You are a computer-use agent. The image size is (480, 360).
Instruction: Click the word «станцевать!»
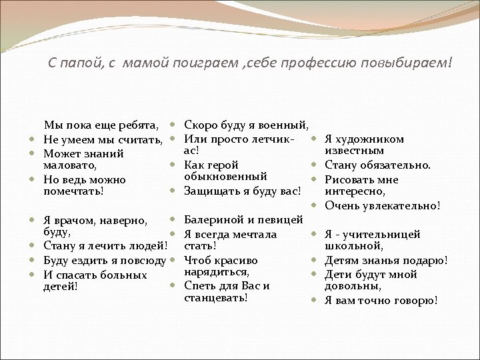pyautogui.click(x=215, y=297)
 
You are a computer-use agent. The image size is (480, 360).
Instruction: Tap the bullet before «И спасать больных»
pyautogui.click(x=33, y=275)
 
